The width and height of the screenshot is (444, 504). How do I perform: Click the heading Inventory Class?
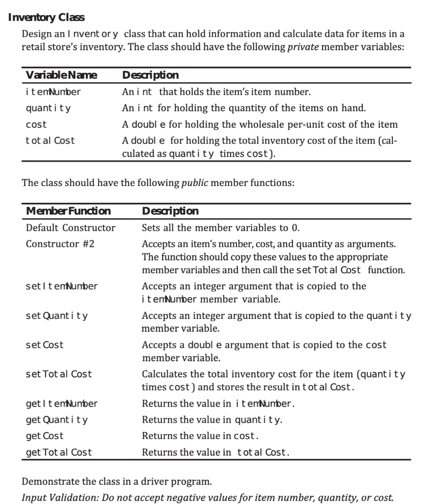click(x=47, y=18)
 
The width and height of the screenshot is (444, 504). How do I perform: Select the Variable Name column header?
click(x=61, y=75)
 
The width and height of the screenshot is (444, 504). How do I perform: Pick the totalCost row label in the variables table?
click(x=50, y=140)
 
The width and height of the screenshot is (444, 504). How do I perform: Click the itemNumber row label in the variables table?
click(x=53, y=91)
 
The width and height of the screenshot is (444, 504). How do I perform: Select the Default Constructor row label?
click(x=70, y=228)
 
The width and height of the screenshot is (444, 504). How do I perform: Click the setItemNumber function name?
click(x=61, y=286)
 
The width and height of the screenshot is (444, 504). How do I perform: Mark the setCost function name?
click(x=45, y=345)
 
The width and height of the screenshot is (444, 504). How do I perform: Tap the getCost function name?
click(x=45, y=436)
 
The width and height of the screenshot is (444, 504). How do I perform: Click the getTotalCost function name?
click(x=59, y=451)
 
